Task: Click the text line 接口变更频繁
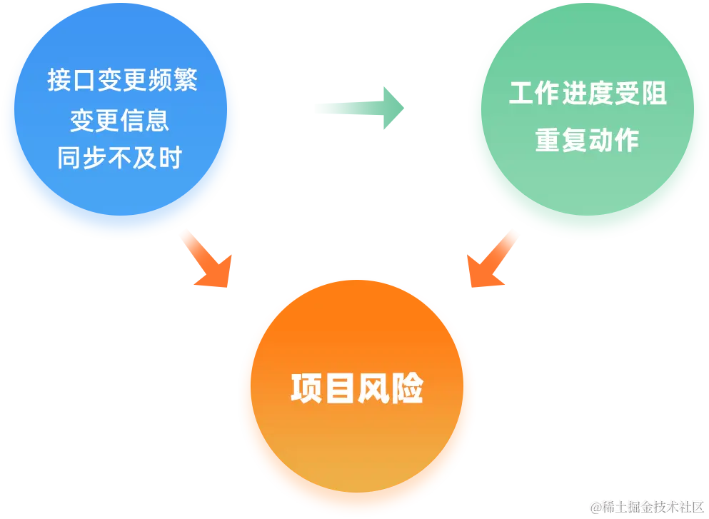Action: [122, 80]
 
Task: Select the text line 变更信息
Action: [120, 120]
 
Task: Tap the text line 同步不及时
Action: [120, 158]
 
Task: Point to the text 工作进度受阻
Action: [587, 94]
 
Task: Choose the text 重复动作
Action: [587, 140]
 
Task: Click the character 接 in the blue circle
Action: [60, 80]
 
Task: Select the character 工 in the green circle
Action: [521, 94]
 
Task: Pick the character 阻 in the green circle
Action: [653, 94]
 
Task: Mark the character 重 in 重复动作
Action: [548, 140]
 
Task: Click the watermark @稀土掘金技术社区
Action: [646, 506]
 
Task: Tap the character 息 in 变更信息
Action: [158, 120]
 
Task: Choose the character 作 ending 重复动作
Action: [626, 140]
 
